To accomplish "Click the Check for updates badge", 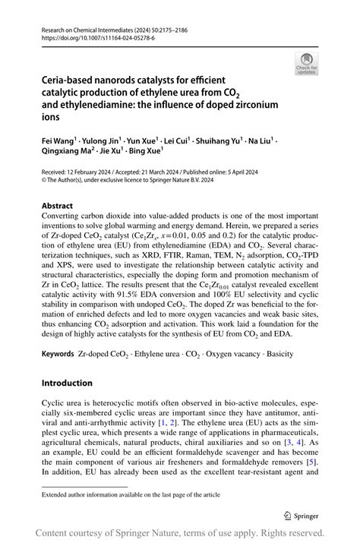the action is [x=308, y=64].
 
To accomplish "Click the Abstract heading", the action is [x=57, y=206].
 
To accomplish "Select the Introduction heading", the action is [x=69, y=383].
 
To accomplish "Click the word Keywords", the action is [x=58, y=355].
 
